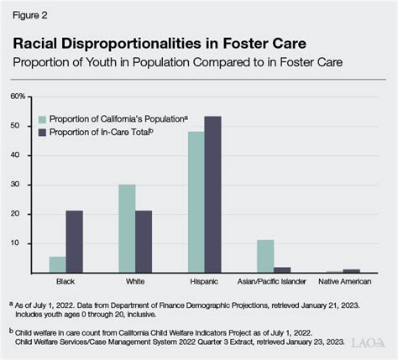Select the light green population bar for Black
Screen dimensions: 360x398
pyautogui.click(x=57, y=264)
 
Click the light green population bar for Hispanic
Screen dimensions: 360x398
pyautogui.click(x=196, y=202)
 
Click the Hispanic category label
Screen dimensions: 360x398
pyautogui.click(x=204, y=282)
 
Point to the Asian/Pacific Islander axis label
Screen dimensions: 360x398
pyautogui.click(x=274, y=282)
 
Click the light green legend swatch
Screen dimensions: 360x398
pyautogui.click(x=41, y=118)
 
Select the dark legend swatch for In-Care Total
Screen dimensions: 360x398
pyautogui.click(x=41, y=132)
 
